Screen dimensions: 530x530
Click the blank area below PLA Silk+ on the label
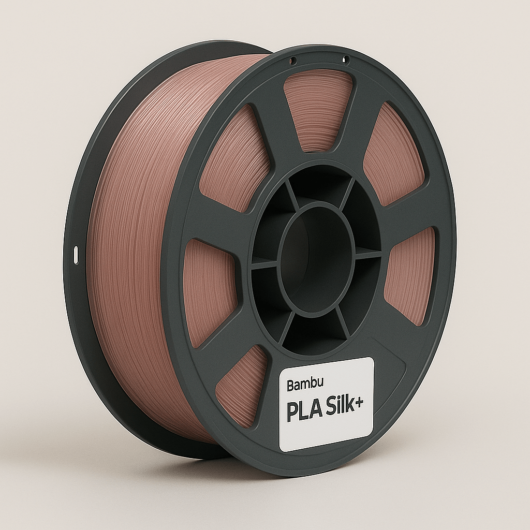[326, 432]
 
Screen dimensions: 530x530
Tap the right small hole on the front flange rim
[346, 61]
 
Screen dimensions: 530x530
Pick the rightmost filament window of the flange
[411, 274]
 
